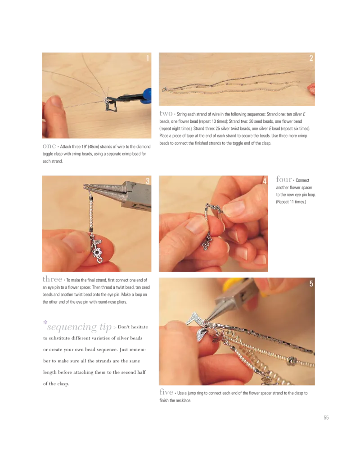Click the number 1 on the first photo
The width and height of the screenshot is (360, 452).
148,58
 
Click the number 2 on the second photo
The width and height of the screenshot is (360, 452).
311,58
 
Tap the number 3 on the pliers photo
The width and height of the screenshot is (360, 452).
148,181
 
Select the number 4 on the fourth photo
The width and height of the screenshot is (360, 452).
265,181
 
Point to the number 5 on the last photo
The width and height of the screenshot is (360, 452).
311,284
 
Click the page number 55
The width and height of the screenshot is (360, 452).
326,417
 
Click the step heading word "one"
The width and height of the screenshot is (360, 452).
49,146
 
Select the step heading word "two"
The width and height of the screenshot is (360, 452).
166,114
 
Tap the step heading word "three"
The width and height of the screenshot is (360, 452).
52,279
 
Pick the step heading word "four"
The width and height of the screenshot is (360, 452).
284,179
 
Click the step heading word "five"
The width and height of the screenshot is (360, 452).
166,392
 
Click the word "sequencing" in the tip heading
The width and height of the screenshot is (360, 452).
72,327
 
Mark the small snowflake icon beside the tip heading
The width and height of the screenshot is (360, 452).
45,322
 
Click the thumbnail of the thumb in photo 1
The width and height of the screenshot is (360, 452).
57,101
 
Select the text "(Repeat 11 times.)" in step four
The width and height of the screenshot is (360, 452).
291,202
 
